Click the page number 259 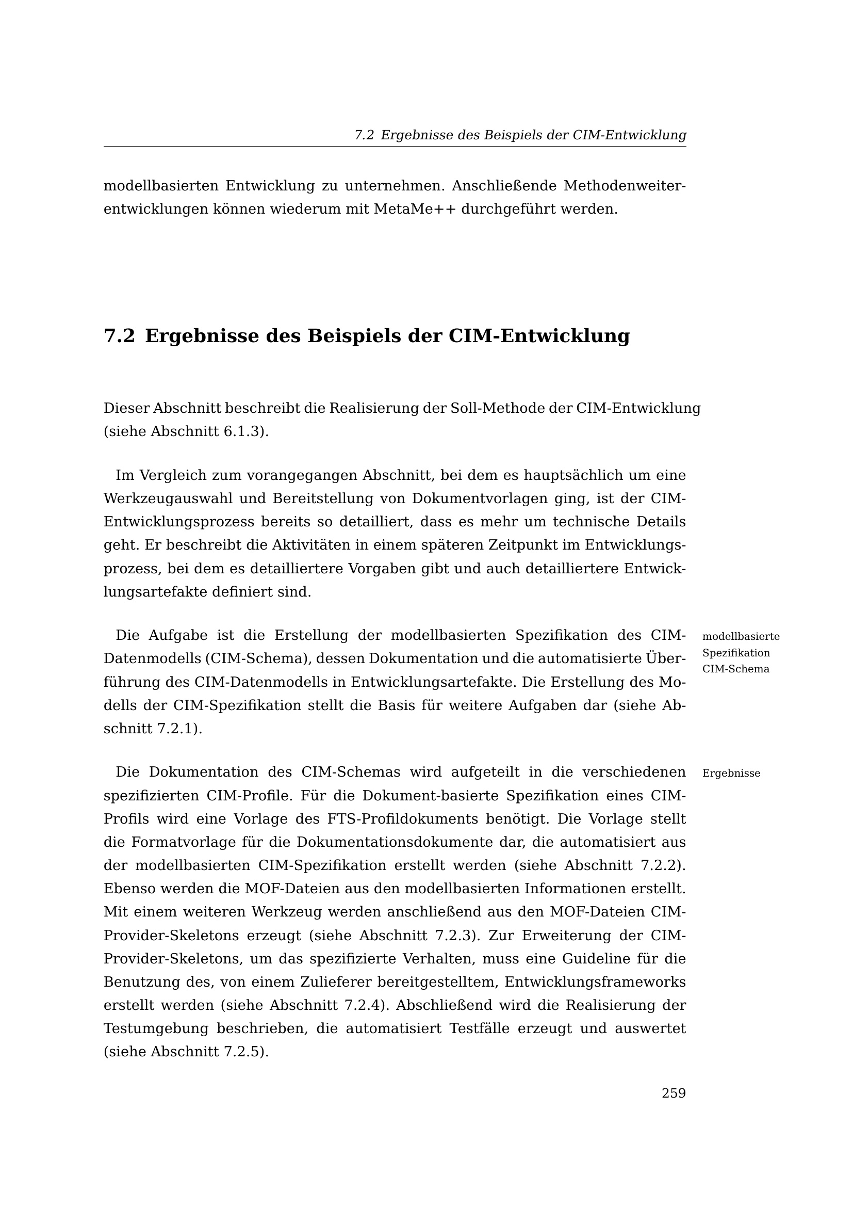pos(674,1093)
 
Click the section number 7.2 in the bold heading pos(120,336)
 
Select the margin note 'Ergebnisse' pos(731,774)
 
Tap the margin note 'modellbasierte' pos(741,637)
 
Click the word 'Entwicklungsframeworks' pos(595,982)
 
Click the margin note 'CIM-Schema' pos(735,669)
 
